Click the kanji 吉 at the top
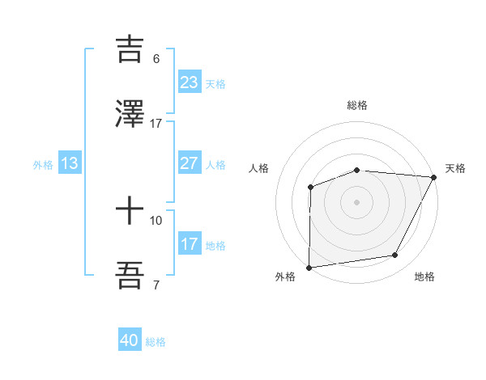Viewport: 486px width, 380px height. tap(130, 48)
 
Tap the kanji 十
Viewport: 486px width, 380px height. tap(130, 211)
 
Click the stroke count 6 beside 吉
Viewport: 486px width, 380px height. tap(156, 58)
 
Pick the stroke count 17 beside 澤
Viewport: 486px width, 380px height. tap(156, 124)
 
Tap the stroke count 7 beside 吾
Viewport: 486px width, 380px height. tap(156, 285)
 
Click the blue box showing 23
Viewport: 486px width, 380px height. tap(190, 82)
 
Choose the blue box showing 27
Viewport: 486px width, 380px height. tap(190, 163)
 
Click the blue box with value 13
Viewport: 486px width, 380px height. tap(70, 163)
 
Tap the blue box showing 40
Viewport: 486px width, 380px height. tap(130, 341)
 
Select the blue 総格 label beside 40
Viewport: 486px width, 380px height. tap(156, 342)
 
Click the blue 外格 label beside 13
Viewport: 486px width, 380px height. tap(43, 164)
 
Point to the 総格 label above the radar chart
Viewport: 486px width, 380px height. tap(357, 106)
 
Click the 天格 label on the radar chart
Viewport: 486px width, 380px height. tap(455, 168)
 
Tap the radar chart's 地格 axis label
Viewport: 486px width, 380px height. tap(424, 277)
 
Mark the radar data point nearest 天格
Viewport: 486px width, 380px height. tap(435, 177)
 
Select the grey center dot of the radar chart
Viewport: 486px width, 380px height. tap(356, 201)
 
